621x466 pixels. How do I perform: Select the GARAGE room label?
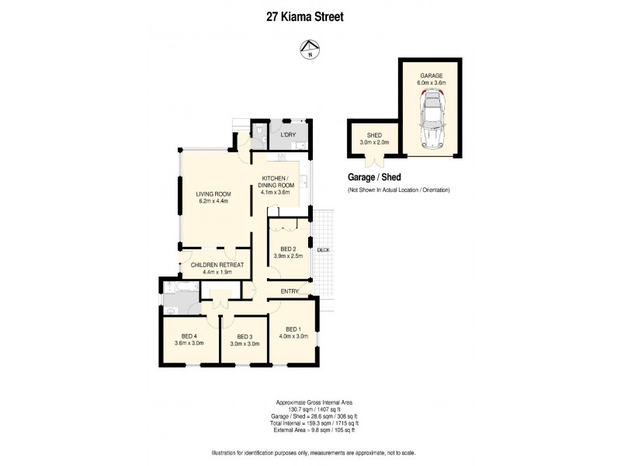(432, 75)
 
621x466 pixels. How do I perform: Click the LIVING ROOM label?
(214, 194)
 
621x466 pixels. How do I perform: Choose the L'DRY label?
(286, 135)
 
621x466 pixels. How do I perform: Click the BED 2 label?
(287, 249)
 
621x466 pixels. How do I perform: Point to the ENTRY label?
(289, 290)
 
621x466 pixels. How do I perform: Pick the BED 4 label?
(189, 336)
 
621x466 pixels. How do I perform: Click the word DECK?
(323, 249)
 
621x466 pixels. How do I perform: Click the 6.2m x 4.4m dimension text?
(214, 202)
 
